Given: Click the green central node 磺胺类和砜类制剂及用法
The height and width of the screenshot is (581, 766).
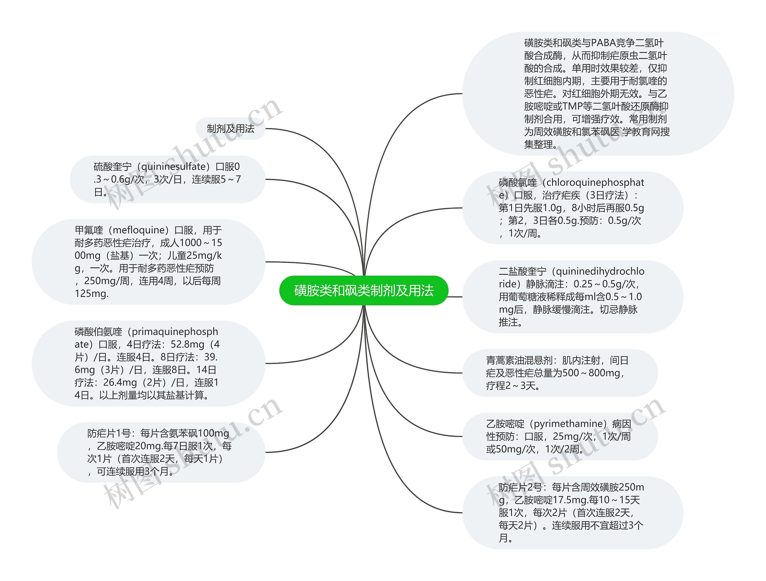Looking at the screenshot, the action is pos(364,290).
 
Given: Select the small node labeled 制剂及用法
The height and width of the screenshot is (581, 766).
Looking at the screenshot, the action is pos(230,129).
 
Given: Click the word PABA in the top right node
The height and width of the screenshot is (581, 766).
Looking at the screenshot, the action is pos(603,43).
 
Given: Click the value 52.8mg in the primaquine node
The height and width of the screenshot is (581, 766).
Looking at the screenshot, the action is pos(187,344).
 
